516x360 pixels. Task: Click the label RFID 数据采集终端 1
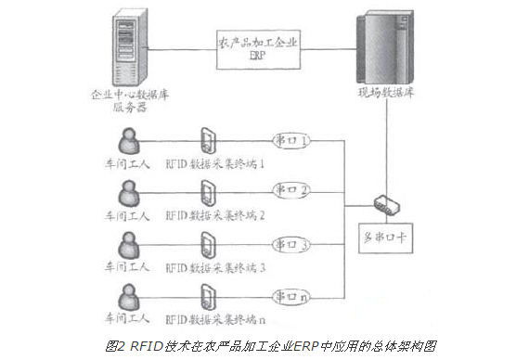pos(215,165)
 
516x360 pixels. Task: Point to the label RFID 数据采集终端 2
pos(215,216)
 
